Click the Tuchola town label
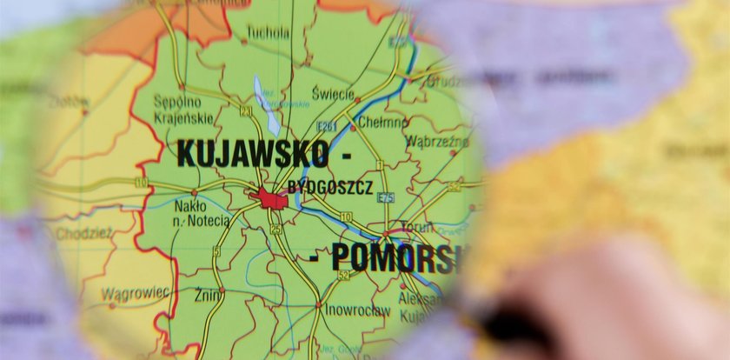268,33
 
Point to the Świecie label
333,94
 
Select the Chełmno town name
382,122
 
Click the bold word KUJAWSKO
253,154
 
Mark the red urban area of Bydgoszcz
271,199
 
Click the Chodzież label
83,233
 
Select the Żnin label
208,294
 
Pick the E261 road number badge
326,127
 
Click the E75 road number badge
386,197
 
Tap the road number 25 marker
275,229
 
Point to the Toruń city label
417,227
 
